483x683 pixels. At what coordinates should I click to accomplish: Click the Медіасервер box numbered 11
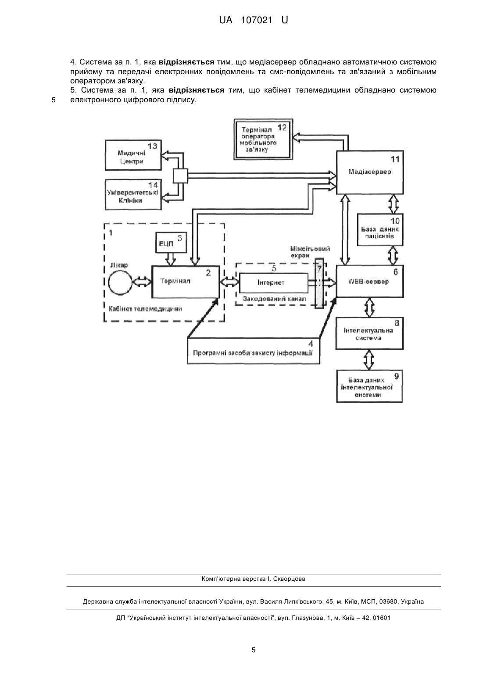point(369,172)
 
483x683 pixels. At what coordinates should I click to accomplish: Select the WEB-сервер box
point(369,281)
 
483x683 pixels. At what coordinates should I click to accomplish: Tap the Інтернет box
point(273,282)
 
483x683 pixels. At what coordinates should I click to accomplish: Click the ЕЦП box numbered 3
point(171,243)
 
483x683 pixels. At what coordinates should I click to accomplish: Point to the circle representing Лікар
point(121,282)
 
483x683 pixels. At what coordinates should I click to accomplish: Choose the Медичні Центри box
point(133,155)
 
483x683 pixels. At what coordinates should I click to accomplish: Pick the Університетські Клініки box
point(133,195)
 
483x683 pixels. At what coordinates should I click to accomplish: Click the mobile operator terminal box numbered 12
point(263,139)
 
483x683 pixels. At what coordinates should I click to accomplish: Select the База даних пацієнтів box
point(380,230)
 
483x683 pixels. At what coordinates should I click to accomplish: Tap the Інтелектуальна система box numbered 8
point(369,333)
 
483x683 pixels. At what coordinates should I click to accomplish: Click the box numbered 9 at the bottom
point(369,386)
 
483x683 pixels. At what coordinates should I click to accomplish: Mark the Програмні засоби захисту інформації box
point(254,350)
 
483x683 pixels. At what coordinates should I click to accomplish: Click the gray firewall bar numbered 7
point(319,283)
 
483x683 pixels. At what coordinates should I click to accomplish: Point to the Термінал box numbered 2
point(186,282)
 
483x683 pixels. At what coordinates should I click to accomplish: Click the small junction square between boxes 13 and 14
point(180,176)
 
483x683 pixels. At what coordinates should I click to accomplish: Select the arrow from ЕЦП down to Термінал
point(171,259)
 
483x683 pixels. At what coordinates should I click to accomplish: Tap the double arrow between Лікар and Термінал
point(142,282)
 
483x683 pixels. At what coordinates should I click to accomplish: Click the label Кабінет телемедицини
point(145,309)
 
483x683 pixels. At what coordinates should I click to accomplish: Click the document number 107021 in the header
point(256,21)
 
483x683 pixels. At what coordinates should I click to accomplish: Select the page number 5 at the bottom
point(254,650)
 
